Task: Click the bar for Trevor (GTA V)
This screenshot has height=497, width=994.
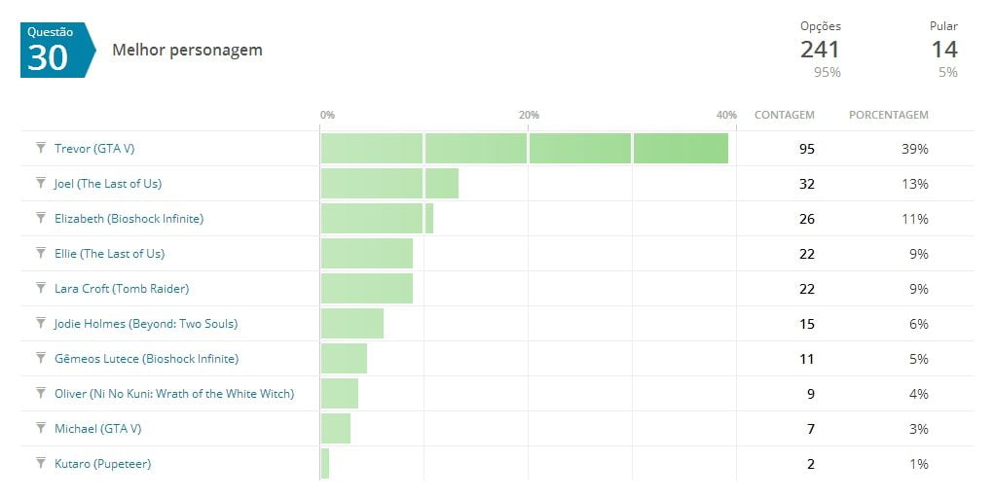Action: tap(524, 149)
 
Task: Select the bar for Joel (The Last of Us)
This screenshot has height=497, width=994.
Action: tap(389, 184)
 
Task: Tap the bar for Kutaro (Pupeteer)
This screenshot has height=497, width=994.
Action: tap(325, 464)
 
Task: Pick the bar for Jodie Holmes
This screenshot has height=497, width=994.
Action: tap(351, 324)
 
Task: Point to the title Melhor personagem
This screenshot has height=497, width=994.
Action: tap(187, 50)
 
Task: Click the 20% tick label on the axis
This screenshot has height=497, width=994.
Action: tap(529, 115)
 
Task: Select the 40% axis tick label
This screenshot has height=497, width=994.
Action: tap(726, 115)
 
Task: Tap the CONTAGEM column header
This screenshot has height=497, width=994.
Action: tap(784, 115)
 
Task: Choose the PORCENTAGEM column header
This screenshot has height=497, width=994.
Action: tap(888, 115)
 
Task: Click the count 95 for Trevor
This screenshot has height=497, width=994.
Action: tap(806, 149)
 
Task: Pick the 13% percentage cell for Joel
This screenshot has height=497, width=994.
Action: tap(916, 184)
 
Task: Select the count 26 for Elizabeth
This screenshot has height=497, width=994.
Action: tap(806, 219)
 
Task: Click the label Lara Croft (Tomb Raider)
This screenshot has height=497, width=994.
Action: tap(121, 289)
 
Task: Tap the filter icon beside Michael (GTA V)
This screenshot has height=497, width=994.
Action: tap(41, 428)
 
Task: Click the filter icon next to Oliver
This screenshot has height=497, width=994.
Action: tap(41, 393)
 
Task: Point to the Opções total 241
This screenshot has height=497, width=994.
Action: tap(820, 50)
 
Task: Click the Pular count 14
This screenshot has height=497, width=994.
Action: tap(943, 50)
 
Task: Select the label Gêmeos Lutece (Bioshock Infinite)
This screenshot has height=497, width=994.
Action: tap(146, 359)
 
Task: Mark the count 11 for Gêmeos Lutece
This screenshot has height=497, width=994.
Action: tap(806, 359)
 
